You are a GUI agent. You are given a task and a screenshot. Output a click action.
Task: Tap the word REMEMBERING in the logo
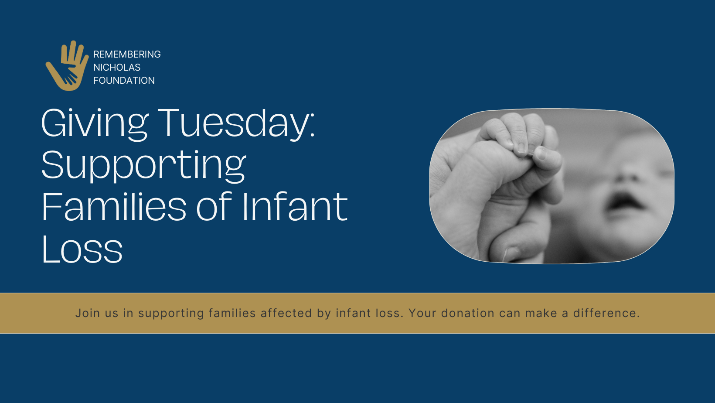point(127,54)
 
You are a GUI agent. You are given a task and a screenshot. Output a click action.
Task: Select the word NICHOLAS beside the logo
point(117,67)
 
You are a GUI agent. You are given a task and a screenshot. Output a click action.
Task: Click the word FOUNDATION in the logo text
point(124,80)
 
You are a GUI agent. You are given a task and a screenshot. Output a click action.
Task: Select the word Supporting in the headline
point(143,166)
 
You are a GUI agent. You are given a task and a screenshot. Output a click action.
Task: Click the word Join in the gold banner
point(88,313)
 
